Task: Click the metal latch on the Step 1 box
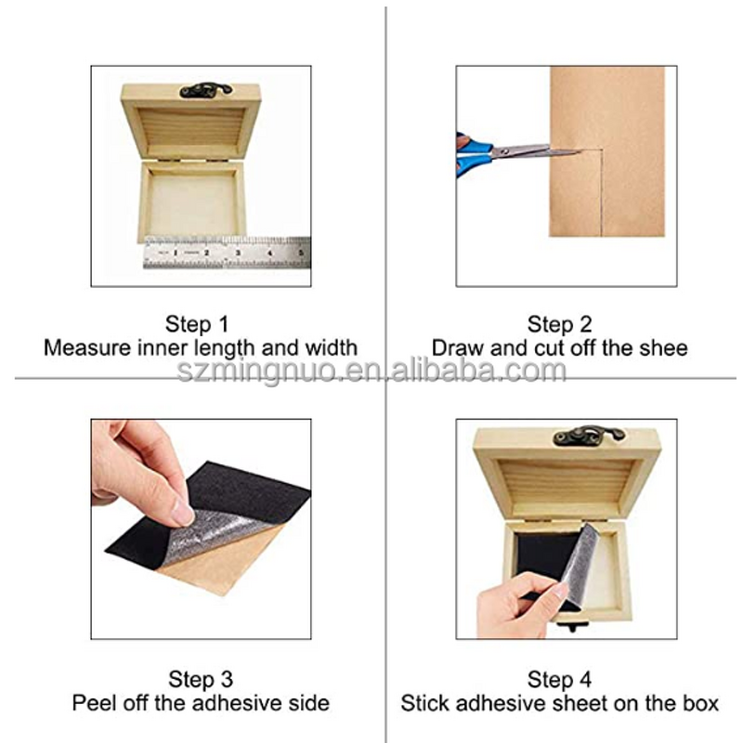[x=205, y=90]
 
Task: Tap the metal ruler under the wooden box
[x=227, y=253]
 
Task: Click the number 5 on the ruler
[x=301, y=253]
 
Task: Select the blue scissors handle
[x=472, y=155]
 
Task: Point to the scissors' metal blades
[x=537, y=151]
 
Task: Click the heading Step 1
[x=197, y=324]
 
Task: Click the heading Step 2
[x=560, y=324]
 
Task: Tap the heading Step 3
[x=201, y=679]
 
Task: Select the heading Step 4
[x=560, y=679]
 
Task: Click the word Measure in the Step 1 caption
[x=87, y=347]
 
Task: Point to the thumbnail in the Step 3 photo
[x=182, y=512]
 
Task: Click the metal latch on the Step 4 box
[x=589, y=435]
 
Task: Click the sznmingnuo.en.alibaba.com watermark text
[x=371, y=371]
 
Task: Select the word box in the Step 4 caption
[x=701, y=703]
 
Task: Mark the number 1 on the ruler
[x=176, y=253]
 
